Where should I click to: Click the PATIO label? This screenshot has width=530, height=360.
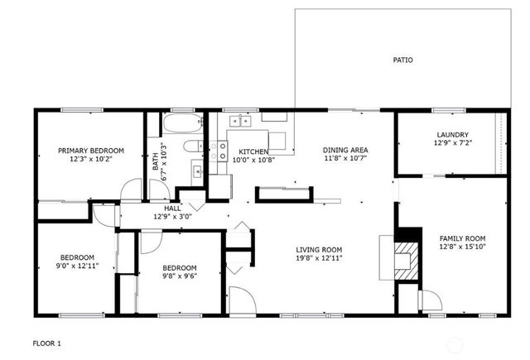point(402,60)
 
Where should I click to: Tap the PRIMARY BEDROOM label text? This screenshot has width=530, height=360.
point(90,151)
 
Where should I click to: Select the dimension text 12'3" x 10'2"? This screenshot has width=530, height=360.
point(90,160)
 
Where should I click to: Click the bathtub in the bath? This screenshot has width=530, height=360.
point(182,126)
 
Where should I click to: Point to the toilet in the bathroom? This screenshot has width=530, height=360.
point(190,148)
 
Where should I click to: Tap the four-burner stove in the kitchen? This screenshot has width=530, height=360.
point(219,151)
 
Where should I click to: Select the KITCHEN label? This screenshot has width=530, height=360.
point(253,151)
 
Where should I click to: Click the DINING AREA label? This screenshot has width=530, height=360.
point(344,150)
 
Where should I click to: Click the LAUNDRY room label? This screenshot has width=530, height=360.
point(453,135)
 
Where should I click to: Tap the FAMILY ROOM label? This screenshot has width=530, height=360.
point(462,238)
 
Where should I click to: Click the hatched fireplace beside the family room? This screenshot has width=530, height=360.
point(405,255)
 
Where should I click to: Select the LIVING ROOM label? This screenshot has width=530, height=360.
point(320,249)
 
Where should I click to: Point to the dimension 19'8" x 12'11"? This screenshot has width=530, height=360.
point(320,258)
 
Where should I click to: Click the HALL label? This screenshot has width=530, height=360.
point(172,209)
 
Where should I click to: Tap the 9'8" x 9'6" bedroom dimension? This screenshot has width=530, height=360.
point(179,277)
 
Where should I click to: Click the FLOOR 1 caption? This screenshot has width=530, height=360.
point(46,343)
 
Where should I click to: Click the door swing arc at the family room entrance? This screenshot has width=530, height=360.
point(427,300)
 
